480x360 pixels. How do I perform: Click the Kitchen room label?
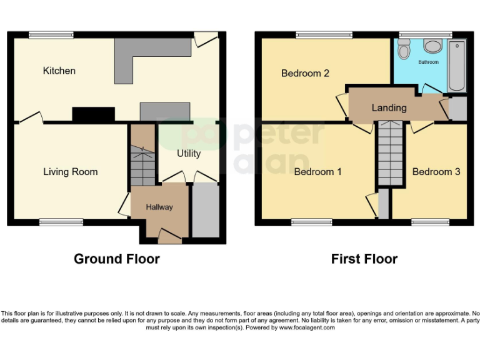pyautogui.click(x=59, y=71)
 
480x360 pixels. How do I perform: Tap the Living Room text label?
pyautogui.click(x=70, y=172)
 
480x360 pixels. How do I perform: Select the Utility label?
pyautogui.click(x=188, y=153)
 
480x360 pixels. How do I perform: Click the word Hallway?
pyautogui.click(x=159, y=207)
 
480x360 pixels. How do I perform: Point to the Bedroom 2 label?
pyautogui.click(x=305, y=73)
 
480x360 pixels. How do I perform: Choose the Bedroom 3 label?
pyautogui.click(x=436, y=172)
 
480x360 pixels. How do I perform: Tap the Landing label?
pyautogui.click(x=389, y=107)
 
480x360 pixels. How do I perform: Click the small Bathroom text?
pyautogui.click(x=428, y=62)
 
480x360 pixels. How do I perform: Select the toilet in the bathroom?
pyautogui.click(x=404, y=49)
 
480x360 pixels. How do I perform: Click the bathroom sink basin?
pyautogui.click(x=432, y=46)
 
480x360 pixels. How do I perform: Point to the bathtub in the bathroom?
pyautogui.click(x=456, y=65)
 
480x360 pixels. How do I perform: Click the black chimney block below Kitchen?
pyautogui.click(x=93, y=114)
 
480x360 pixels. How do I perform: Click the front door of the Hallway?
pyautogui.click(x=168, y=236)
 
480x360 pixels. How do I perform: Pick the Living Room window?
pyautogui.click(x=61, y=221)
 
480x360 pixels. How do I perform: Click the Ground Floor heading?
pyautogui.click(x=116, y=259)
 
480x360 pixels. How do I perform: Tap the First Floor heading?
pyautogui.click(x=364, y=259)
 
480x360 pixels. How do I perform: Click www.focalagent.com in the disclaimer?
pyautogui.click(x=306, y=327)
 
